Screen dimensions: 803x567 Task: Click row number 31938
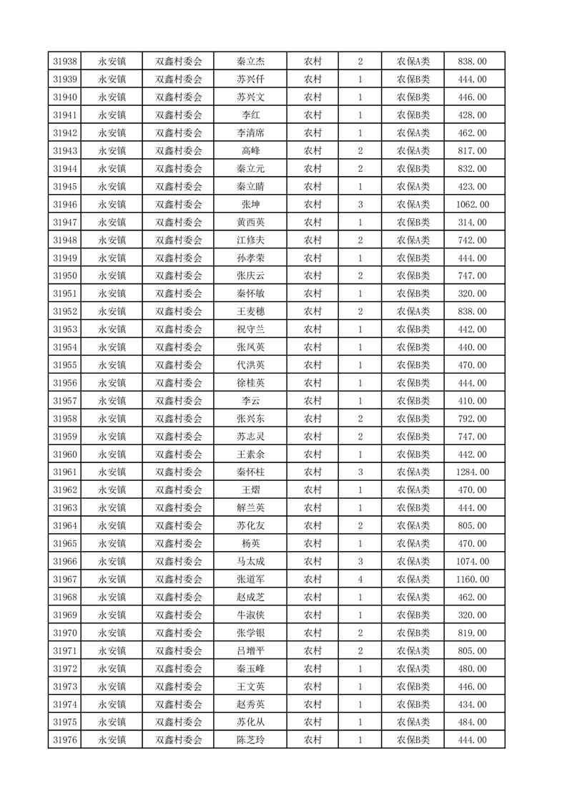65,62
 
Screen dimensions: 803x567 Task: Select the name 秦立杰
250,62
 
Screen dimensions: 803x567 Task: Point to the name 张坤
250,205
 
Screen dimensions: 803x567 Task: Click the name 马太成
250,562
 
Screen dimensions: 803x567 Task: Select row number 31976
65,740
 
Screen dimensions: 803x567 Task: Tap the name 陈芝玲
250,740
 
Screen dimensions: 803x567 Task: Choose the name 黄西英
250,223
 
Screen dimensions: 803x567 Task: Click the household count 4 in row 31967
360,580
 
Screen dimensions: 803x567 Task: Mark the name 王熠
250,490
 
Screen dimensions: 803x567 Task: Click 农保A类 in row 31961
413,472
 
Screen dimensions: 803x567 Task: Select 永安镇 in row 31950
112,276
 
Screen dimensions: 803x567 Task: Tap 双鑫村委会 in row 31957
179,401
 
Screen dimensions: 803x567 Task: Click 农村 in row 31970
312,633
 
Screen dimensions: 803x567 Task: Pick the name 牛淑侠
250,615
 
